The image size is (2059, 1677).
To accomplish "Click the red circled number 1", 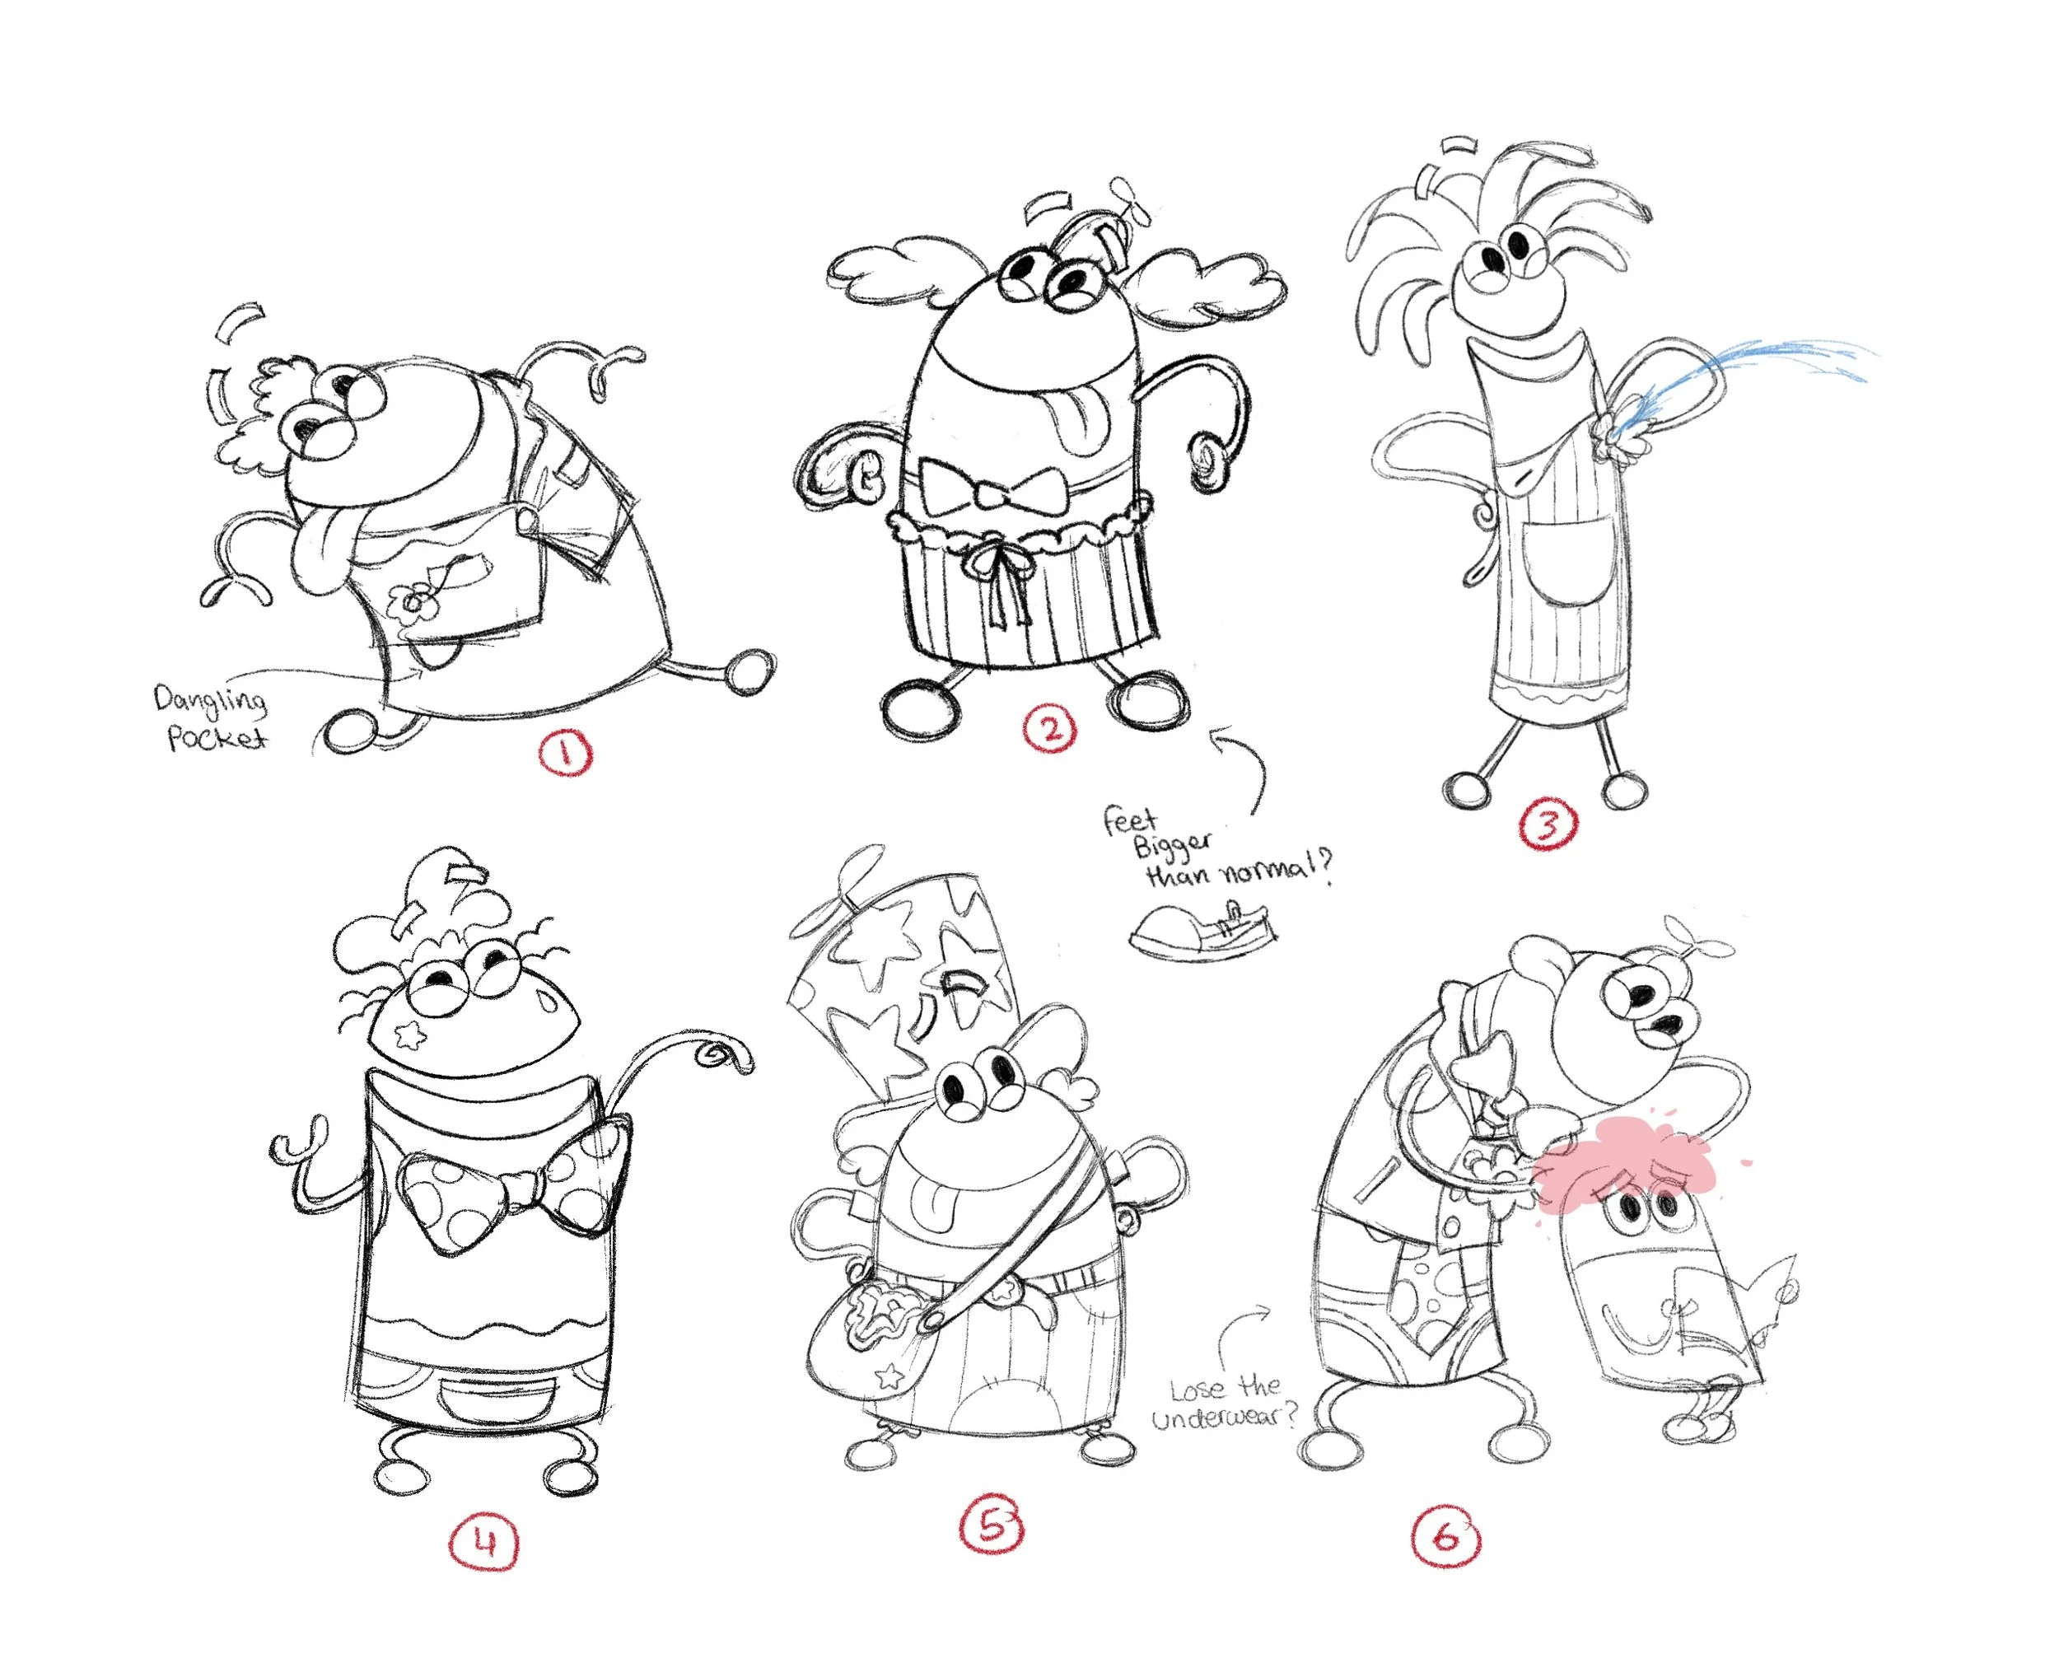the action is (565, 753).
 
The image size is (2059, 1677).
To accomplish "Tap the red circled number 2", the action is (1051, 727).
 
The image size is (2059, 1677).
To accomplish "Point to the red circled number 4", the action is (485, 1544).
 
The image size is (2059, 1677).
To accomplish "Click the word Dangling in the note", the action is (211, 700).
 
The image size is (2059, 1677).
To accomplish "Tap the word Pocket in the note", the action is (217, 738).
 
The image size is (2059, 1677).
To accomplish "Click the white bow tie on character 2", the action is (992, 491).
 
